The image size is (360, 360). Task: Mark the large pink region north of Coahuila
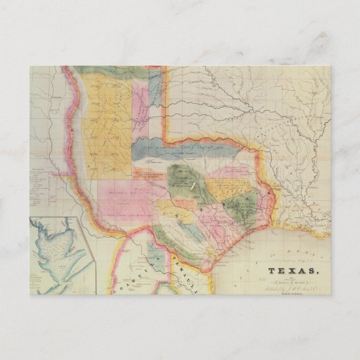pyautogui.click(x=115, y=197)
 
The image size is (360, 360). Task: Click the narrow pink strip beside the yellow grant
pyautogui.click(x=142, y=102)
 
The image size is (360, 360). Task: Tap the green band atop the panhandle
pyautogui.click(x=115, y=70)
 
